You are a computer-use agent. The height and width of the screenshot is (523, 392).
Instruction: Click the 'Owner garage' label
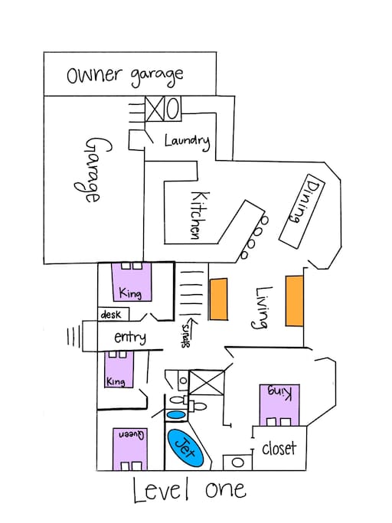[125, 77]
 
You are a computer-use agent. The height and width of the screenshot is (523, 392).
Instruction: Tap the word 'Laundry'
[187, 141]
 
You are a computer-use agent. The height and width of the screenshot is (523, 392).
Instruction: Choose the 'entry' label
[130, 337]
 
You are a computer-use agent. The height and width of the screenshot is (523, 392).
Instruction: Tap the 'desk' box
[113, 314]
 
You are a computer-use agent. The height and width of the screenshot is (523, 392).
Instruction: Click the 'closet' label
[279, 449]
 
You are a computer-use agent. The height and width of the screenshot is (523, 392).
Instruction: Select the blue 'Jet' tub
[185, 448]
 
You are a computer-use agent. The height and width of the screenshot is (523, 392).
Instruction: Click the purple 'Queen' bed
[130, 449]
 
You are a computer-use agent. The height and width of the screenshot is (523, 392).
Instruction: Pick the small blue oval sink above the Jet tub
[176, 415]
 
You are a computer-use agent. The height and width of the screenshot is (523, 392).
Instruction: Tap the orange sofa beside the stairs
[218, 299]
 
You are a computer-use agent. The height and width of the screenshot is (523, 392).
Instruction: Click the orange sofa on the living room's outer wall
[294, 300]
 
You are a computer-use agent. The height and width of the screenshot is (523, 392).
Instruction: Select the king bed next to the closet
[279, 405]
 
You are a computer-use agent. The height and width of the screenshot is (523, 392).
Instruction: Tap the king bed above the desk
[132, 283]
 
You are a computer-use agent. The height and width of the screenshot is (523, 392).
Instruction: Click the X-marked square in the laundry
[155, 109]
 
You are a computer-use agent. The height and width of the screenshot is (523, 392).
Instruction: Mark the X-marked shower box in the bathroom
[206, 383]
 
